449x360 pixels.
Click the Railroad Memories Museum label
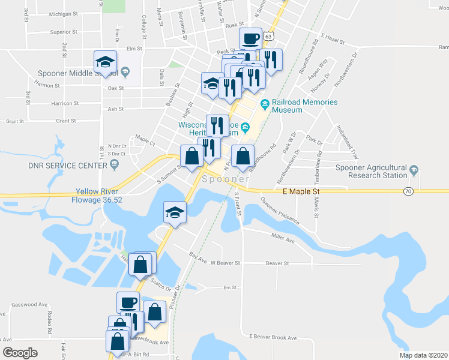click(x=305, y=106)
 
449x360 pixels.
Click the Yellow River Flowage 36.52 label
click(x=99, y=196)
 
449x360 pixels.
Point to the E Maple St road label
click(x=303, y=191)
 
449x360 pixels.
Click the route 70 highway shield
click(x=408, y=191)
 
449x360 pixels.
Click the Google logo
click(x=20, y=353)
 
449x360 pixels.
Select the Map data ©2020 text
click(x=423, y=355)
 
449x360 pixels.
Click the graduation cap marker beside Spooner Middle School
click(x=105, y=61)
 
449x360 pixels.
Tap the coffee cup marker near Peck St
click(x=251, y=39)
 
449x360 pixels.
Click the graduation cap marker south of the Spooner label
click(x=175, y=212)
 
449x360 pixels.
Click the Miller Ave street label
click(x=283, y=238)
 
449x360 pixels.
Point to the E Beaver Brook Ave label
click(x=273, y=338)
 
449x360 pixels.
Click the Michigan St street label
click(x=64, y=13)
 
